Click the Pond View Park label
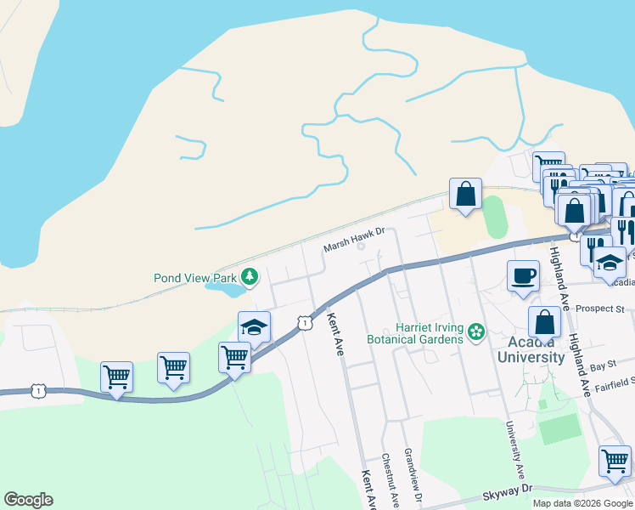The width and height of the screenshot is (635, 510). click(x=195, y=277)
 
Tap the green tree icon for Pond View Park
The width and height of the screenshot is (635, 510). click(x=250, y=276)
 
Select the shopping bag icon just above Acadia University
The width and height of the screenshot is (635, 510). click(x=544, y=321)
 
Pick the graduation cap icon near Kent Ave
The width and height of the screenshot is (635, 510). click(x=253, y=326)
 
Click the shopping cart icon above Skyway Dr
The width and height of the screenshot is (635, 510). click(x=615, y=461)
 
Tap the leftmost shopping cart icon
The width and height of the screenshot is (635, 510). click(x=116, y=375)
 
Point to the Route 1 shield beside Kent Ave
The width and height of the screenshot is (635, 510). click(x=302, y=322)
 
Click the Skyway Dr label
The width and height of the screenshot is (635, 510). click(x=509, y=489)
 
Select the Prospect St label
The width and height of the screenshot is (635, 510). click(x=604, y=309)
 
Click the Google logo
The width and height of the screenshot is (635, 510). click(x=28, y=500)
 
